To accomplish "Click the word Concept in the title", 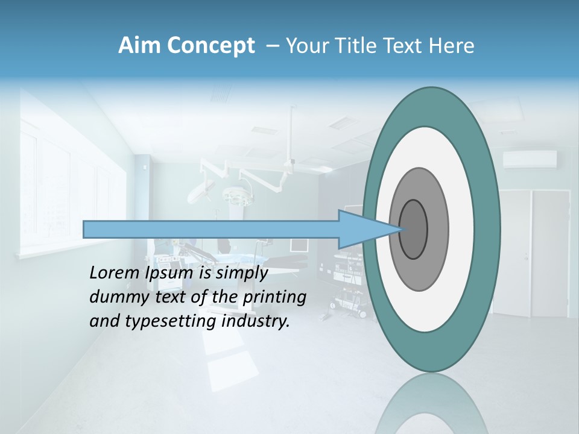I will click(x=210, y=46).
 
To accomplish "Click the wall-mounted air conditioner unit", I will click(x=530, y=159).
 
